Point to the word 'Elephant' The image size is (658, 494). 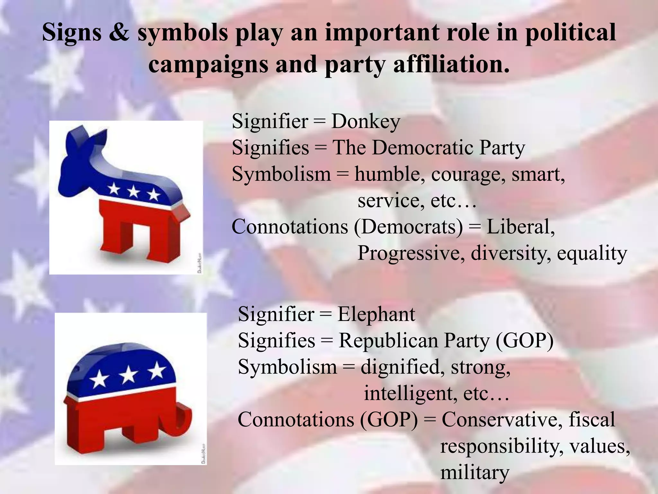coord(376,315)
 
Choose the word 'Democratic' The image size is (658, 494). coord(422,148)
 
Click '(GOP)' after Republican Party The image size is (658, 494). coord(524,341)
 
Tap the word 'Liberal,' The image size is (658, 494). coord(521,227)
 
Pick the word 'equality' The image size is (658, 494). coord(592,253)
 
